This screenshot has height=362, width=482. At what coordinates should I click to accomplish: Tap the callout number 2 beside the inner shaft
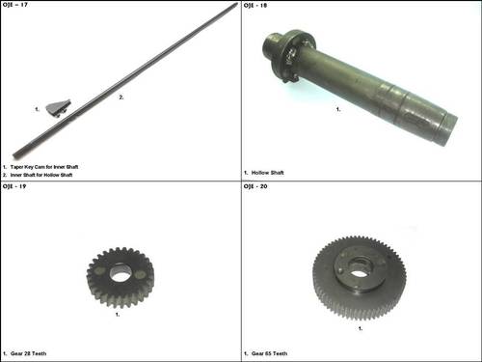coord(120,97)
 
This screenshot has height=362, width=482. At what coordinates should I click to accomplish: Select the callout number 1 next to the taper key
coord(36,109)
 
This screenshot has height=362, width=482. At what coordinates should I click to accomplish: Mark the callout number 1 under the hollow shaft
coord(337,109)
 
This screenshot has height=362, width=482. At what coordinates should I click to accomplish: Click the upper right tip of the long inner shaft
coord(235,6)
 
